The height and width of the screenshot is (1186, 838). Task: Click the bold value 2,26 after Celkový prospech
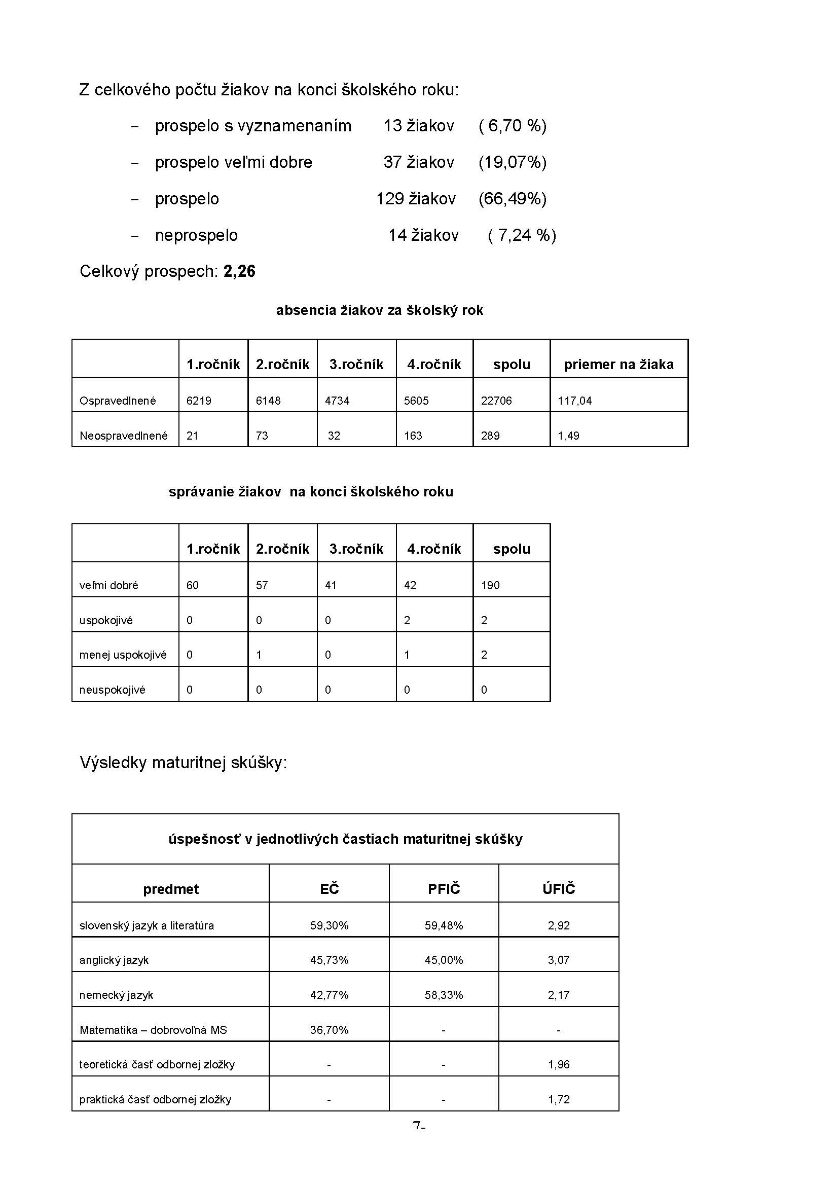point(239,271)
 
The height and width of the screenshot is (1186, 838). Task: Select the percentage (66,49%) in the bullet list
point(512,199)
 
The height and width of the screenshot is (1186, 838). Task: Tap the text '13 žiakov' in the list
point(419,126)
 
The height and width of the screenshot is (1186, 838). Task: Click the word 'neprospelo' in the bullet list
point(196,236)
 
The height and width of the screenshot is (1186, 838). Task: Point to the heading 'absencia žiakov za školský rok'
point(380,310)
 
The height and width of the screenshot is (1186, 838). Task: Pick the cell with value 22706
point(496,401)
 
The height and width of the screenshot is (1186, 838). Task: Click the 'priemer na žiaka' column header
point(618,365)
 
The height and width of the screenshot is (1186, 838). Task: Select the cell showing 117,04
point(575,401)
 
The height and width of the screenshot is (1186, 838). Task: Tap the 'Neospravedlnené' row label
point(123,436)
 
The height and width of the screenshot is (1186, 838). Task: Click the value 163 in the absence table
point(413,436)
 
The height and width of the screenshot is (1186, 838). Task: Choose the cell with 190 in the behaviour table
point(491,585)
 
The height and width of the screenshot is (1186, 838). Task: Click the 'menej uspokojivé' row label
point(123,655)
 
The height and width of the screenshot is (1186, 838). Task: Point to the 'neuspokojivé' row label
point(112,690)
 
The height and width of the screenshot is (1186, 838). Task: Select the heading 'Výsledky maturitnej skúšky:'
point(184,763)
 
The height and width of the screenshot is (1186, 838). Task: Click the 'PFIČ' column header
point(444,889)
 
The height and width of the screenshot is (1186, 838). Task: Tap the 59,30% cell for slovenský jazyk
point(329,926)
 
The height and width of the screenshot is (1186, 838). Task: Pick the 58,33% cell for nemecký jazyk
point(444,995)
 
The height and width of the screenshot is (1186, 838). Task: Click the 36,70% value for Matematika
point(329,1030)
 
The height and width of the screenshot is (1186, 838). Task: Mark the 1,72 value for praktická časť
point(559,1099)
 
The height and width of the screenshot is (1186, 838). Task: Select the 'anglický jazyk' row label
point(114,960)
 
